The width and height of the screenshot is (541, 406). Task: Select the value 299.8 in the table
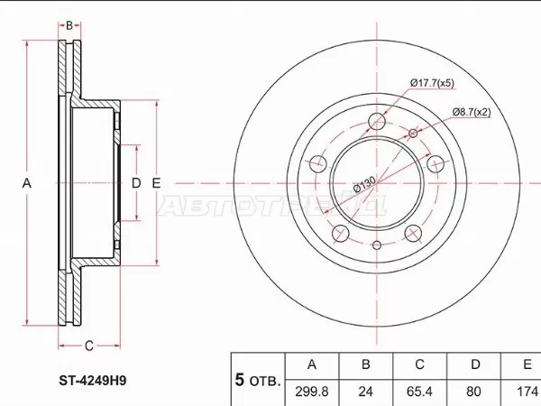(312, 392)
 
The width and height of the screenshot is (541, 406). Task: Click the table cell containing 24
(365, 392)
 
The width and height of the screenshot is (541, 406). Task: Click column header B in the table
(365, 365)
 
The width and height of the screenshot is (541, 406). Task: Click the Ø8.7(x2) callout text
(471, 112)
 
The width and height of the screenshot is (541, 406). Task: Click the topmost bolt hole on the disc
(377, 122)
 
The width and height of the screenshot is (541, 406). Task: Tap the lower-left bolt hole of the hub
(341, 235)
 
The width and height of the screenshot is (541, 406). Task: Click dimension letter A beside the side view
(27, 183)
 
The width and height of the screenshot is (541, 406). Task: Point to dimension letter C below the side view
(89, 346)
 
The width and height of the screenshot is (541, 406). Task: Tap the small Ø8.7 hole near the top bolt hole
(414, 134)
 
